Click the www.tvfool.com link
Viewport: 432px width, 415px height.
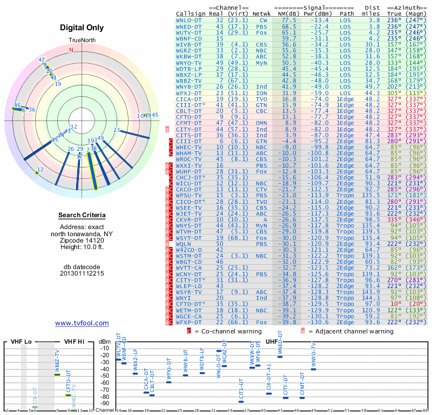point(82,323)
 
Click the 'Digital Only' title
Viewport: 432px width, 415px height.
point(82,28)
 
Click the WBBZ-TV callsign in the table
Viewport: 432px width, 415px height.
point(189,81)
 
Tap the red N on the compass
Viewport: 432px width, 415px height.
point(70,50)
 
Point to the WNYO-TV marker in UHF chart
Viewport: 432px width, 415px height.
point(313,369)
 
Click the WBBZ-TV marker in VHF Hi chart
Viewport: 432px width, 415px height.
point(57,374)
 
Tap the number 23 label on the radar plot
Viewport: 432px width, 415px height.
point(117,130)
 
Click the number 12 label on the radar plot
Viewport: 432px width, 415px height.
point(40,169)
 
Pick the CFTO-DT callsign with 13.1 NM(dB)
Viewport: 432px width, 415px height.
point(189,117)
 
